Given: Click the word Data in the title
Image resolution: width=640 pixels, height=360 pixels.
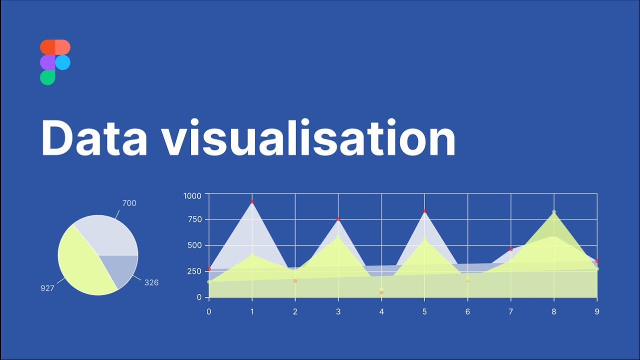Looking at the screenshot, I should [x=94, y=138].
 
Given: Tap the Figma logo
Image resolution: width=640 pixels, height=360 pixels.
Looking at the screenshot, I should [x=55, y=62].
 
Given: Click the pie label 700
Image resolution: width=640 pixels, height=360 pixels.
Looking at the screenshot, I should [x=129, y=203].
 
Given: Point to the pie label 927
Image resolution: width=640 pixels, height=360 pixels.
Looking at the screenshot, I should [x=47, y=288].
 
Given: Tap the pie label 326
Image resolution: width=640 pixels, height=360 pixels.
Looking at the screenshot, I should [x=151, y=282].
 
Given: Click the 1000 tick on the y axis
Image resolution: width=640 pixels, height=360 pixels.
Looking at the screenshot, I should [x=192, y=195].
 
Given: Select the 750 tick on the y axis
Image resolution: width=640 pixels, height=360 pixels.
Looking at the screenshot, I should [x=194, y=219].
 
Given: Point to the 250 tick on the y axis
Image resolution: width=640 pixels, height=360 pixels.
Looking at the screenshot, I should [x=194, y=271].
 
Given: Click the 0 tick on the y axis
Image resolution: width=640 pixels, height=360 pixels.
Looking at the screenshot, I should [x=199, y=297].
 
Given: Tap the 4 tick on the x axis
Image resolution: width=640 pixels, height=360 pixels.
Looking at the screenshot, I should [x=381, y=311].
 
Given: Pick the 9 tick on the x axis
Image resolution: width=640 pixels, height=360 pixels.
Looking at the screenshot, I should [x=597, y=311].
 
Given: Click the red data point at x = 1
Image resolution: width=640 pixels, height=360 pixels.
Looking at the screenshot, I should [x=252, y=202].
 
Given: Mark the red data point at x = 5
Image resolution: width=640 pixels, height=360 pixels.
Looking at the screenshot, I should [x=424, y=211].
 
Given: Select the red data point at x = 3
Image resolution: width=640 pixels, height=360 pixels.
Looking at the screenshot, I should [x=338, y=219].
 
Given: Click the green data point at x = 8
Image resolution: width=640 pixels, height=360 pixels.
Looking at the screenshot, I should [x=554, y=212].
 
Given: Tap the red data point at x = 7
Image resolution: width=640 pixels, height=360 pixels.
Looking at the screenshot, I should [x=511, y=249].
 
